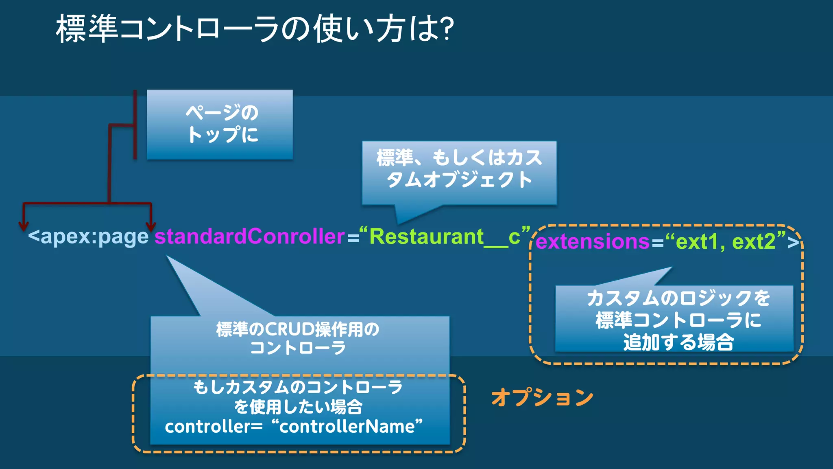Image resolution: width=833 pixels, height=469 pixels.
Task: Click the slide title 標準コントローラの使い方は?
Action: tap(254, 28)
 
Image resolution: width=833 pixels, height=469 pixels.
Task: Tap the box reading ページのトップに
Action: tap(220, 124)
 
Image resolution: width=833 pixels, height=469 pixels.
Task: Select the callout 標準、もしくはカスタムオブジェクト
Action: tap(459, 169)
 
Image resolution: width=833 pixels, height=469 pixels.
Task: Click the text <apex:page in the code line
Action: tap(88, 237)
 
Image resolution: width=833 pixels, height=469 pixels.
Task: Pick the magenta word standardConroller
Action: tap(250, 237)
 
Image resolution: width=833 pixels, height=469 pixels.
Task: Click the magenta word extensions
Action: tap(593, 241)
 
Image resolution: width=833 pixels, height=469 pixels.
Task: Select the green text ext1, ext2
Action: tap(725, 241)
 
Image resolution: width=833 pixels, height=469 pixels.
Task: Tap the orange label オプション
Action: tap(542, 397)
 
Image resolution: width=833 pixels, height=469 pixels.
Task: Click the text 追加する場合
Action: tap(678, 342)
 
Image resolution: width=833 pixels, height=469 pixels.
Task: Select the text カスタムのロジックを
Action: tap(678, 298)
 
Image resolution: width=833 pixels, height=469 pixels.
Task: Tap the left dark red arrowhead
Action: tap(24, 226)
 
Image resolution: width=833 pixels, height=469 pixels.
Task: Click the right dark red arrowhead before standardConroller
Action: tap(151, 226)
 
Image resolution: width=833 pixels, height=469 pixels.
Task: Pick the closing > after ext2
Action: tap(793, 242)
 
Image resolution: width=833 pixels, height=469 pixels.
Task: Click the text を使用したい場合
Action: tap(298, 407)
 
